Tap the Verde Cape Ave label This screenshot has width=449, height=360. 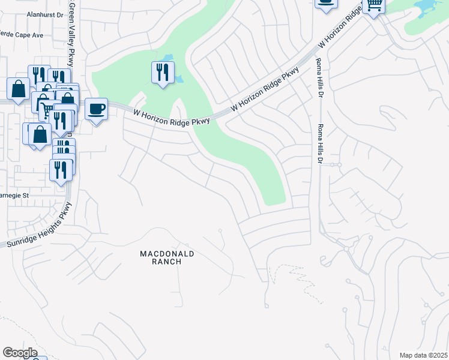[x=22, y=35]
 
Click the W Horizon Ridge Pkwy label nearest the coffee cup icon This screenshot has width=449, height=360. [x=171, y=116]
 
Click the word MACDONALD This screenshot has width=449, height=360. [x=167, y=254]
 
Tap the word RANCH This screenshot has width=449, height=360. [x=167, y=262]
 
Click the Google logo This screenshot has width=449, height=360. [x=20, y=353]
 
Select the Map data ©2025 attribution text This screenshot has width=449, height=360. [x=423, y=355]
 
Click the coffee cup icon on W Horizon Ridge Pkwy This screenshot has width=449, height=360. [x=96, y=109]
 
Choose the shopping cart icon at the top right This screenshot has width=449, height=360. [x=374, y=5]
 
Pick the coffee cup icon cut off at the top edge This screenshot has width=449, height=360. [x=326, y=4]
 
